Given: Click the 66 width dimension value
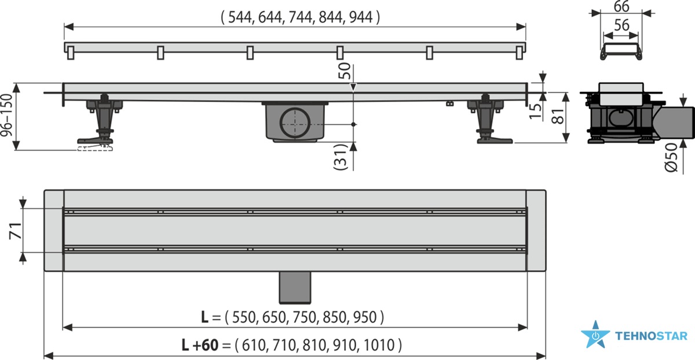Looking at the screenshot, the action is click(621, 6).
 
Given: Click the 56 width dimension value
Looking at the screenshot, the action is click(621, 25).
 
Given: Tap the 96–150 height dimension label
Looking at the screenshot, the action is click(6, 115).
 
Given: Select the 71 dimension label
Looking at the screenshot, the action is click(16, 231).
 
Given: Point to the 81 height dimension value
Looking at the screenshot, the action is click(558, 116).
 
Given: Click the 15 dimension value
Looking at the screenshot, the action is click(535, 111).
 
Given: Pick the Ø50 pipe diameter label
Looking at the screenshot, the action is click(671, 157).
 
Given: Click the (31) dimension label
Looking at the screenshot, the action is click(340, 157).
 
